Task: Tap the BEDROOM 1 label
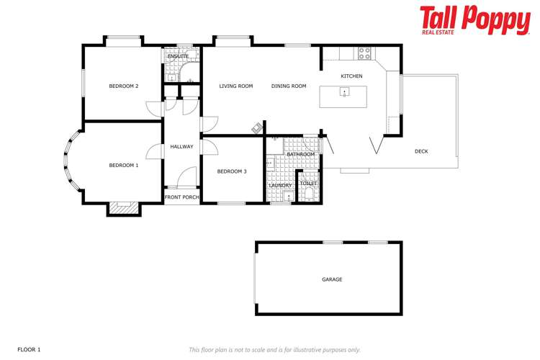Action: point(123,166)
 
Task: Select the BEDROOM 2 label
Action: point(123,86)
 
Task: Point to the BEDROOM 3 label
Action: point(232,171)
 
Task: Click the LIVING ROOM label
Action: point(236,86)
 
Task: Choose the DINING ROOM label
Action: point(289,86)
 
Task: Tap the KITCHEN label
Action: point(351,76)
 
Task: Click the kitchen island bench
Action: point(343,96)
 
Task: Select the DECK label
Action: point(421,151)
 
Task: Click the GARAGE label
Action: point(332,279)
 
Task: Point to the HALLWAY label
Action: point(181,147)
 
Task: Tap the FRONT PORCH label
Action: point(181,197)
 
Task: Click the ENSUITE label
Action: point(178,56)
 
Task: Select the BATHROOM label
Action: point(300,154)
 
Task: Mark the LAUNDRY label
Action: point(279,185)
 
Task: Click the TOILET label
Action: point(308,184)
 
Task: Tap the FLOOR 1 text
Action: point(29,349)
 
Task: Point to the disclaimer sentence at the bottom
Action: point(274,349)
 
